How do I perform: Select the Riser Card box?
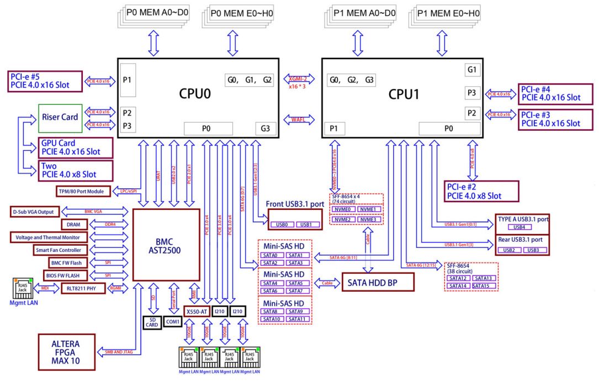[60, 117]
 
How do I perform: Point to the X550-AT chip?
[196, 311]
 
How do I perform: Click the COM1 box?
[173, 321]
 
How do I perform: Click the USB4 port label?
[519, 227]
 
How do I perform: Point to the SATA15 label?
[485, 285]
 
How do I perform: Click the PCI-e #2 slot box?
[482, 191]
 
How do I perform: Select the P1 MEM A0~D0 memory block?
[364, 13]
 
